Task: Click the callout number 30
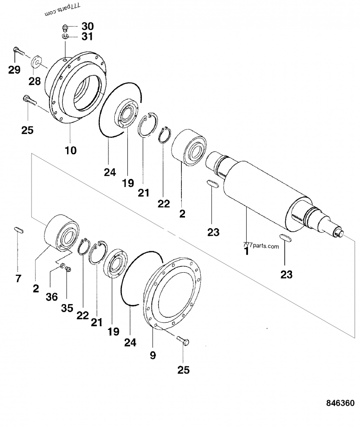pyautogui.click(x=87, y=26)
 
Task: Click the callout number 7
pyautogui.click(x=18, y=279)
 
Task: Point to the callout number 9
pyautogui.click(x=153, y=355)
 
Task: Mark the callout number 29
pyautogui.click(x=14, y=69)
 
